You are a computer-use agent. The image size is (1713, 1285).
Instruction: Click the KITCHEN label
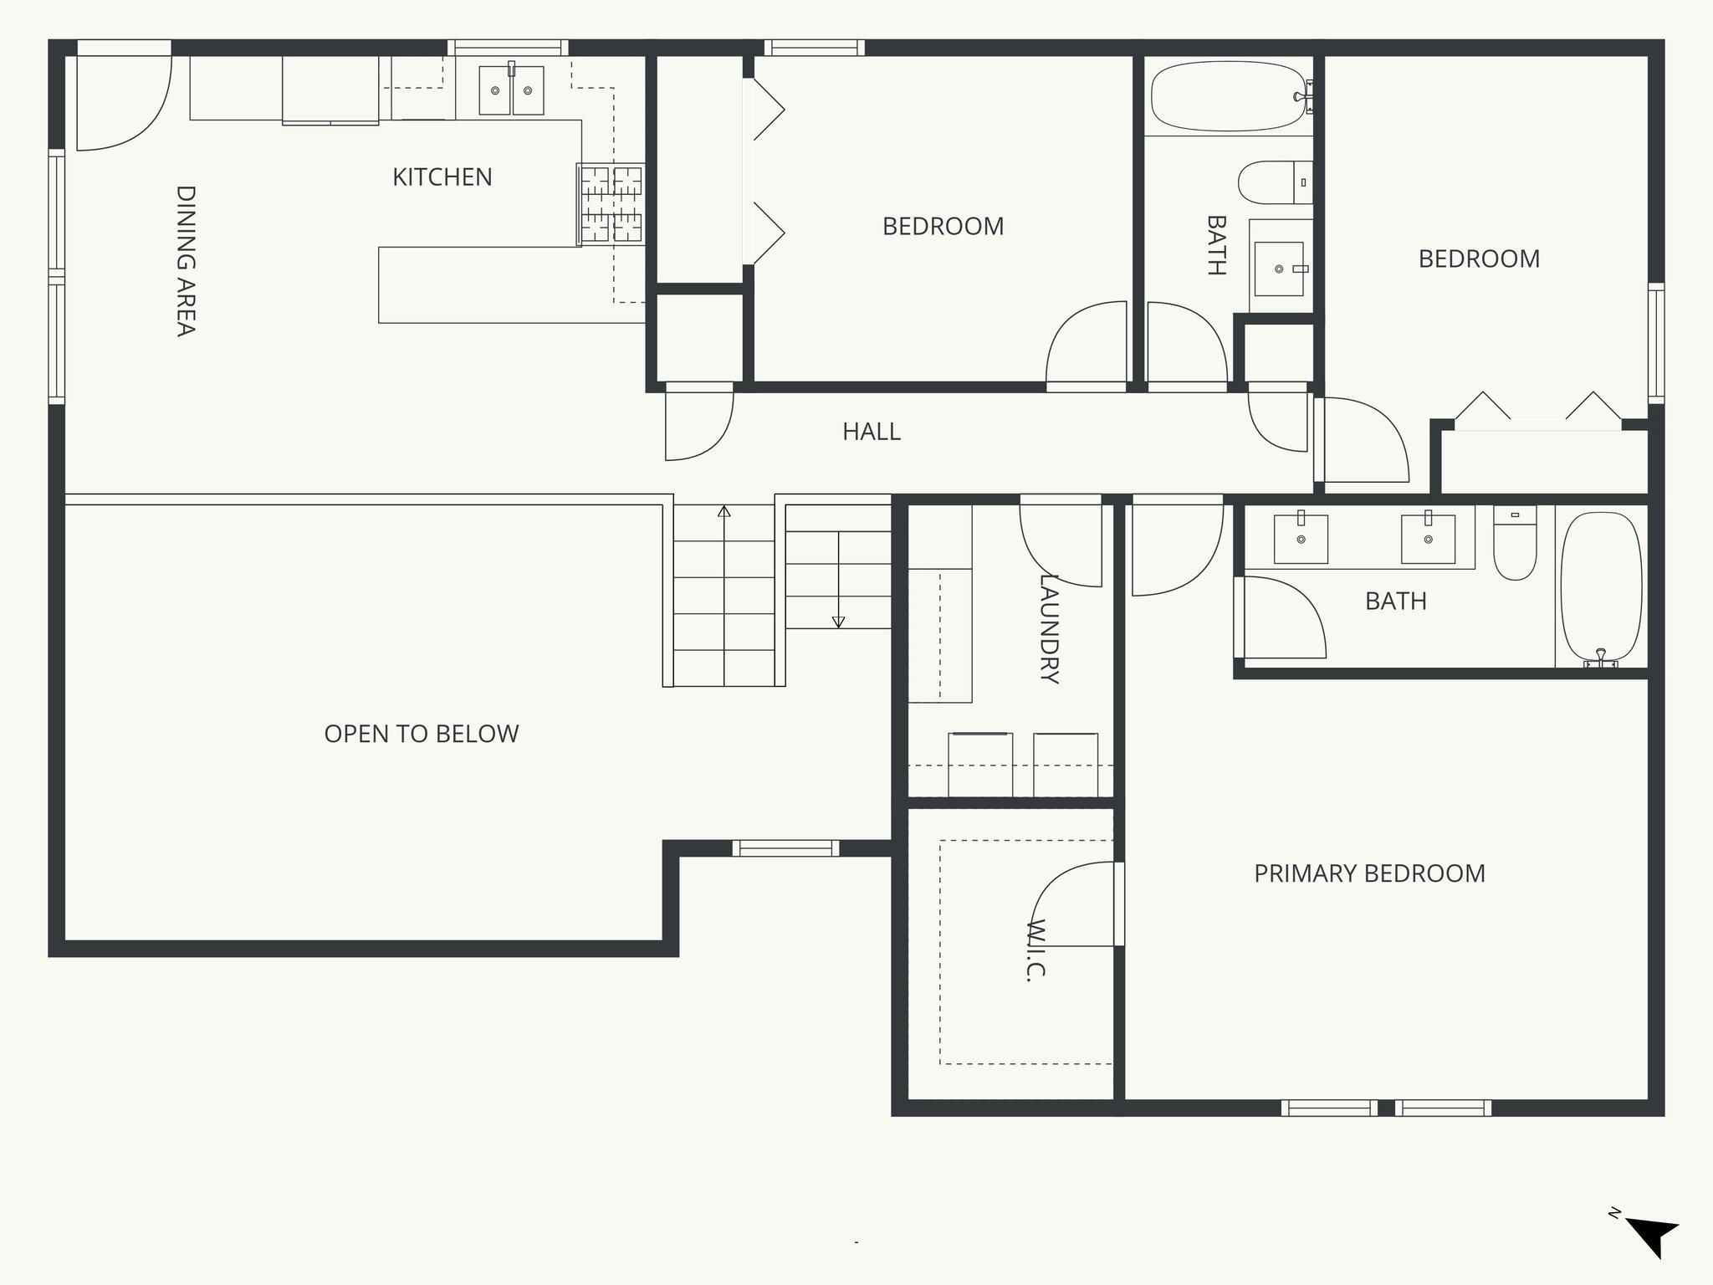442,177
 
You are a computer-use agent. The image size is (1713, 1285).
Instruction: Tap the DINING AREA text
186,260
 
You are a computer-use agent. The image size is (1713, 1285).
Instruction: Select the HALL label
871,432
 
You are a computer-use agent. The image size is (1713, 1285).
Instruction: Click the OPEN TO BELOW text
421,734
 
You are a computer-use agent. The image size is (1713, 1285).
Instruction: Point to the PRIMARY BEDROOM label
1369,873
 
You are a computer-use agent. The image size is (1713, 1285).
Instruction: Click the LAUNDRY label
1049,628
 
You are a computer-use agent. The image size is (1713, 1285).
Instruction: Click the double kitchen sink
511,90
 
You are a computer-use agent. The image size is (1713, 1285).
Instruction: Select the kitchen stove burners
612,203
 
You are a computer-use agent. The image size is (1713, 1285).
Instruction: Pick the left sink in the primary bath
1300,539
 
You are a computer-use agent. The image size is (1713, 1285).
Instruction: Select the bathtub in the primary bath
1601,587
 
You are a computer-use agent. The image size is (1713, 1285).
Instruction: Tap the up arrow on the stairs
724,512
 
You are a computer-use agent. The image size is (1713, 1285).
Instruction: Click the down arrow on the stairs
838,621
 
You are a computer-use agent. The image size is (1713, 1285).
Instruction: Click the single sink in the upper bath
1279,269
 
